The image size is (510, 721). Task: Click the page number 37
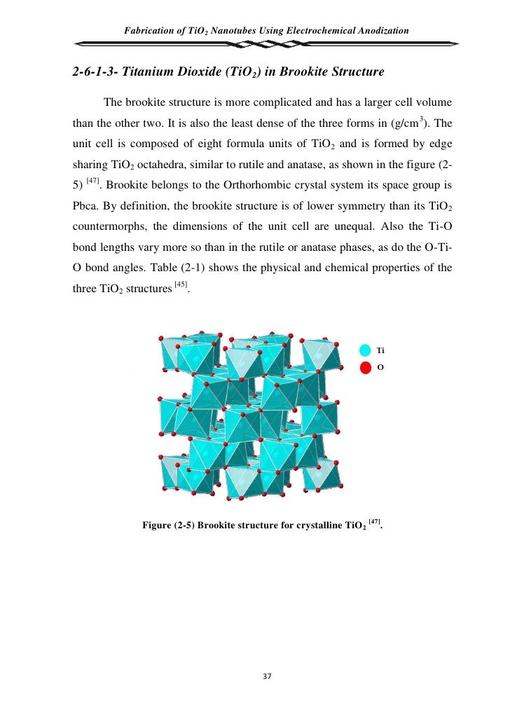264,676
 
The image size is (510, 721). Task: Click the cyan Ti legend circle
365,350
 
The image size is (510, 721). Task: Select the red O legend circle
365,367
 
